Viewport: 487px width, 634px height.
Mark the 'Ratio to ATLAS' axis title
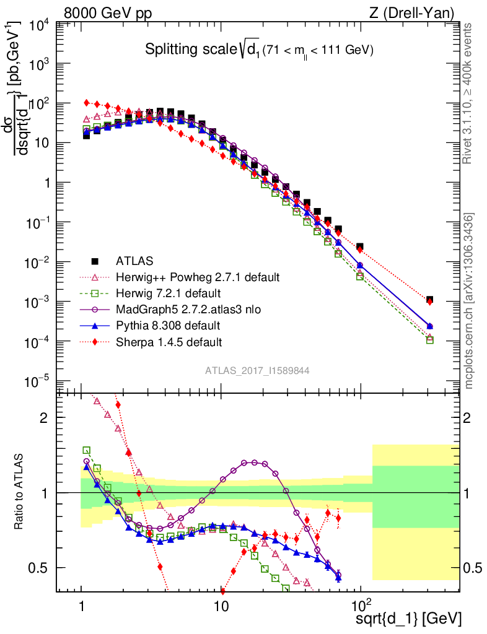pyautogui.click(x=20, y=493)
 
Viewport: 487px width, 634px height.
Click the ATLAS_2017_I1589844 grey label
pyautogui.click(x=258, y=370)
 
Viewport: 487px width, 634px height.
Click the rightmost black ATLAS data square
pyautogui.click(x=429, y=300)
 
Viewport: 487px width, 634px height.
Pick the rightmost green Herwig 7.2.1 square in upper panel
pyautogui.click(x=429, y=340)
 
